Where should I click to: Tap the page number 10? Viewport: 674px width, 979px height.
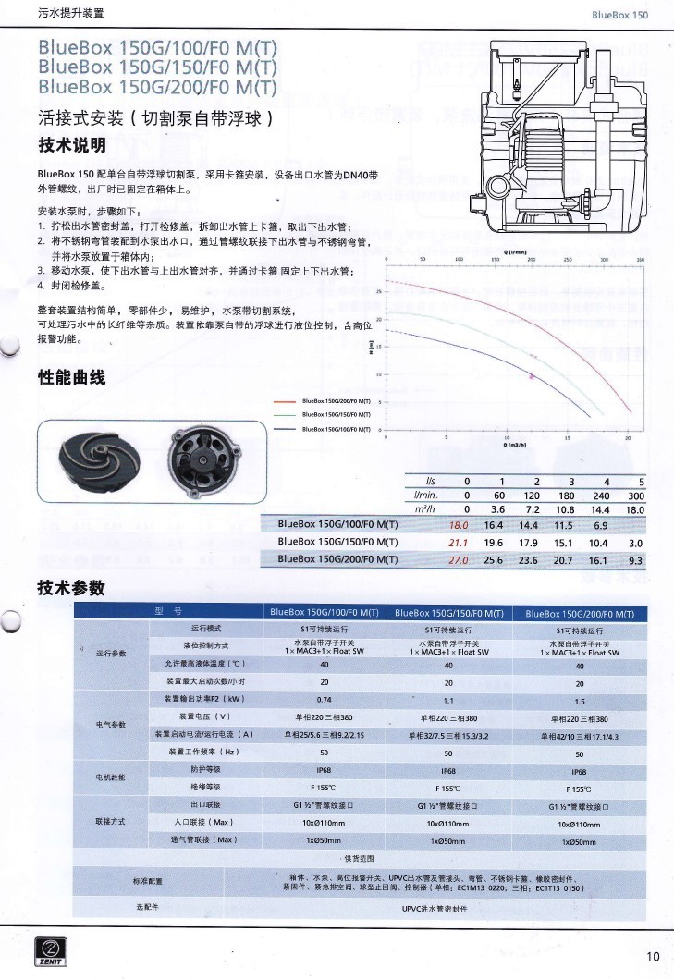point(654,956)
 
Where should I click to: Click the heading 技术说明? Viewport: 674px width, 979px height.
point(72,146)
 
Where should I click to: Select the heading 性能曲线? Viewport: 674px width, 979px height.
point(72,378)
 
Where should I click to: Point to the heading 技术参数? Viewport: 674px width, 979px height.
point(72,588)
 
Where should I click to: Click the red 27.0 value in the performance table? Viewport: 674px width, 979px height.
point(459,559)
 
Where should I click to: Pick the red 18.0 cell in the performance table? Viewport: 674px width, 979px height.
point(459,525)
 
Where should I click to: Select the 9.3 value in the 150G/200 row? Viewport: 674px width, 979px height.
point(635,559)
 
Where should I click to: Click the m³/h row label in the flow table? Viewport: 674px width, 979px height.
point(425,508)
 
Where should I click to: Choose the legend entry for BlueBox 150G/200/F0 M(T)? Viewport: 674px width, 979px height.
point(336,400)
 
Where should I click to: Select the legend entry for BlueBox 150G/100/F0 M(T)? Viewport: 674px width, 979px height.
point(336,430)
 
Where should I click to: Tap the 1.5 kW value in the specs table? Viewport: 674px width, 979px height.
point(580,700)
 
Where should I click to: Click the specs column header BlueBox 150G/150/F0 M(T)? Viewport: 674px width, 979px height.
point(448,613)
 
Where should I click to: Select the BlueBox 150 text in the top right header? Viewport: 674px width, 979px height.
point(620,16)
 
